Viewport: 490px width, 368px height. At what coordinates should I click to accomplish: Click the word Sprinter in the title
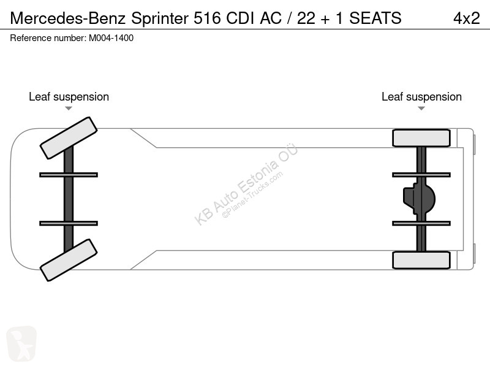coord(160,18)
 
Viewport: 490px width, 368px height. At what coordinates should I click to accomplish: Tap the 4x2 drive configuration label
coord(466,18)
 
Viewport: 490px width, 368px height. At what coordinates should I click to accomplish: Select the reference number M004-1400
coord(111,38)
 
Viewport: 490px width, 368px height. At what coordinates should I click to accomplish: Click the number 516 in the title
coord(207,18)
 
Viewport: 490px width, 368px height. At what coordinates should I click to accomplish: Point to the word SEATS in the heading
coord(375,18)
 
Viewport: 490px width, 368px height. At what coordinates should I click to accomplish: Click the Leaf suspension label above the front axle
coord(69,97)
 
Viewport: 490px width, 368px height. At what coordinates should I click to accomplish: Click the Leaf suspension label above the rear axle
coord(421,97)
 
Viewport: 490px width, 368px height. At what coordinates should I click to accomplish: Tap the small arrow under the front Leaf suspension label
coord(69,109)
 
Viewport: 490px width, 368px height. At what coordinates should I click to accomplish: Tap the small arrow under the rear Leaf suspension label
coord(421,109)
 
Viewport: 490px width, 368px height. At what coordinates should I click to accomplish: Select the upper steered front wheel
coord(69,138)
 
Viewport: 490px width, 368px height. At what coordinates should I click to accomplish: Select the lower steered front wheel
coord(69,260)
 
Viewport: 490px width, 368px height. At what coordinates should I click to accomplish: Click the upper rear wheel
coord(421,138)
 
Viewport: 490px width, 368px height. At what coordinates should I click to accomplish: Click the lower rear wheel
coord(421,260)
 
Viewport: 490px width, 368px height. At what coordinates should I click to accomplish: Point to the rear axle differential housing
coord(419,199)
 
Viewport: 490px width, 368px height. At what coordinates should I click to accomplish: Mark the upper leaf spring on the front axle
coord(69,175)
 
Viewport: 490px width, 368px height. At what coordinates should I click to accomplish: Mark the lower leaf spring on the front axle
coord(69,223)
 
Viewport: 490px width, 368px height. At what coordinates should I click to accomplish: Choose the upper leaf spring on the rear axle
coord(421,175)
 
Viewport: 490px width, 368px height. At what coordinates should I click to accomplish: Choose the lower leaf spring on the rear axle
coord(421,223)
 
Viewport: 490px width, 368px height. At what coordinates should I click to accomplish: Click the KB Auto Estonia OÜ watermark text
coord(246,185)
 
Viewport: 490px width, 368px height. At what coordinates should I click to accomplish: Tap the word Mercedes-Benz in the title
coord(68,18)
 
